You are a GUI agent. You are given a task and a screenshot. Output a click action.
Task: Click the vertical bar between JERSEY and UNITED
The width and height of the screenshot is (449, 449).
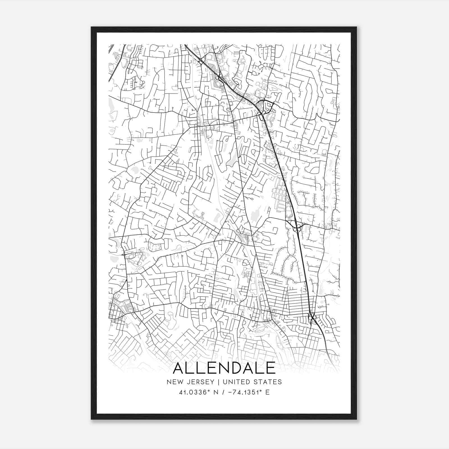[x=215, y=382]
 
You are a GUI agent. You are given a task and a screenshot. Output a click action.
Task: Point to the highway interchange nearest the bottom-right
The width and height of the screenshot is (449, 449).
[x=312, y=318]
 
